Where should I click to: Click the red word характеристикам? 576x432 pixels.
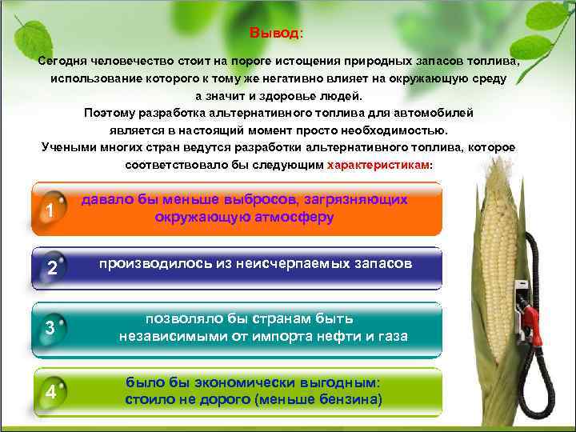[x=378, y=165]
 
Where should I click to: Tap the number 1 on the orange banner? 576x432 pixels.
[x=50, y=212]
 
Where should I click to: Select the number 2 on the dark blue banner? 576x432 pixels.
[x=51, y=269]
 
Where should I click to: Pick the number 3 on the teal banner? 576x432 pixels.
[x=50, y=329]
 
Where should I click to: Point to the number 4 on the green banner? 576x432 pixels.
[x=50, y=393]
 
